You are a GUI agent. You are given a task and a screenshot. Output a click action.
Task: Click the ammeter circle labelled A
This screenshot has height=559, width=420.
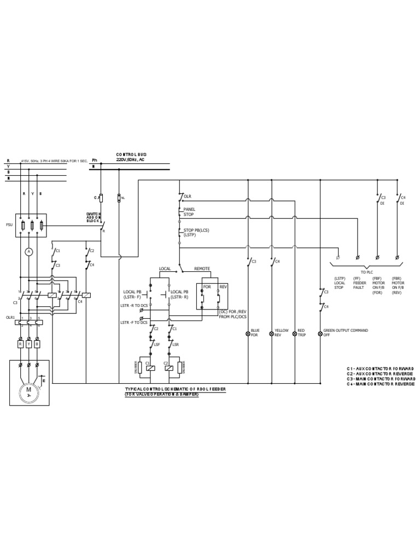coord(31,252)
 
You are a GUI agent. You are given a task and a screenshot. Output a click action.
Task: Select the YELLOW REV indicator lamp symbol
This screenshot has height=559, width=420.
coord(271,333)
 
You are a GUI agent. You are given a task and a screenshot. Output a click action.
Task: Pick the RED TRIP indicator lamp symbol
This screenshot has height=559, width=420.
coord(294,333)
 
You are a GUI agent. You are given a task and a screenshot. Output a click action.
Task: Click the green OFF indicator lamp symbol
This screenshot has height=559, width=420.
coord(320,333)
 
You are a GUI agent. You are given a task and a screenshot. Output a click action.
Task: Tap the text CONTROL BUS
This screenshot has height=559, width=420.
coord(131,154)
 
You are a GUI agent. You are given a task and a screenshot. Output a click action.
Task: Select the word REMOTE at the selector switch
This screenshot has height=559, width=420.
coord(202,269)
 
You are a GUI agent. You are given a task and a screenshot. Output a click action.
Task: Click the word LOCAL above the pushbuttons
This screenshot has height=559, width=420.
coord(165,269)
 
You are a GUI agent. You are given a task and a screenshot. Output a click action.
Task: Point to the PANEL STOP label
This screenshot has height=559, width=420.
coord(189,211)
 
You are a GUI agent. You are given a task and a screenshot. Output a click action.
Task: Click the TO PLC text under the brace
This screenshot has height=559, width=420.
coord(367,271)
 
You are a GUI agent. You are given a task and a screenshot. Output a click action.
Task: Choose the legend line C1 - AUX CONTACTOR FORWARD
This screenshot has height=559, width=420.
coord(381,370)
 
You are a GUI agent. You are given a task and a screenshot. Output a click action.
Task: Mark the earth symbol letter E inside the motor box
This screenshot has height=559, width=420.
coord(44,380)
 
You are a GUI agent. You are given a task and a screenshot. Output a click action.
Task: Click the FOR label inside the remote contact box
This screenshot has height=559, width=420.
coord(207,287)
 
